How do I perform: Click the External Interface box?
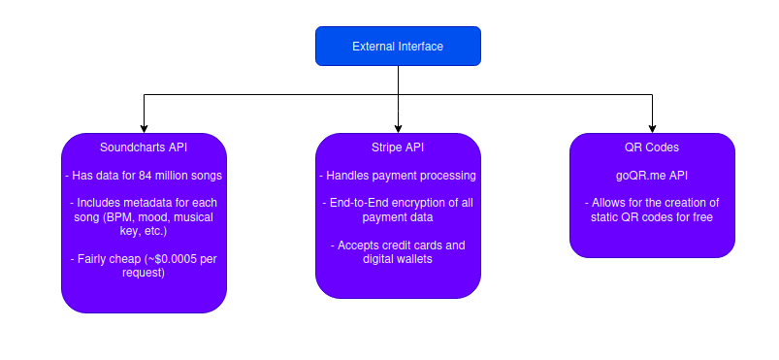pos(398,47)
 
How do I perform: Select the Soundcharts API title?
pos(144,147)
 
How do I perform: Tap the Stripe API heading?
pos(398,147)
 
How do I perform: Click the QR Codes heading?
pos(652,147)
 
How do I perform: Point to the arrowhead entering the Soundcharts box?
pos(145,129)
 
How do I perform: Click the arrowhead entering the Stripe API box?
pos(398,129)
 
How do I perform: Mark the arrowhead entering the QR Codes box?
pos(652,129)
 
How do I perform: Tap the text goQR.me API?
pos(652,176)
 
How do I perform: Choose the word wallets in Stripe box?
pos(416,259)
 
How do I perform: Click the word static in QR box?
pos(603,217)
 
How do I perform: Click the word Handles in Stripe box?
pos(343,176)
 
